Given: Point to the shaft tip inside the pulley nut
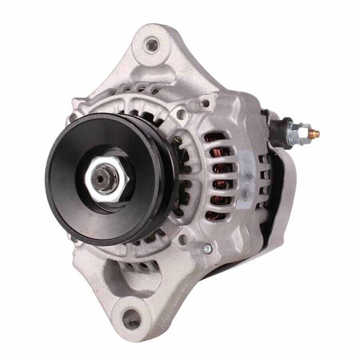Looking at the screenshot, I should [99, 175].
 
